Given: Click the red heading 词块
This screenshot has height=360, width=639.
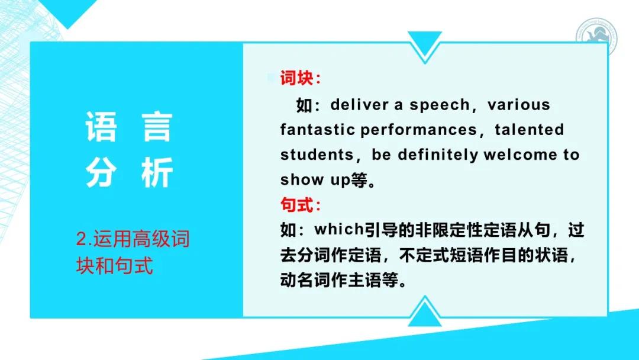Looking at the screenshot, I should coord(299,79).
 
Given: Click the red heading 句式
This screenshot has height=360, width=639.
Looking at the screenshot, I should coord(299,205).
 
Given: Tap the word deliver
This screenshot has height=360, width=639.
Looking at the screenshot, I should coord(359,105).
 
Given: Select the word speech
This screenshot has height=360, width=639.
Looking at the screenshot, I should coord(438,105).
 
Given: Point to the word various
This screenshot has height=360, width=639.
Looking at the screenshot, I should coord(519,105).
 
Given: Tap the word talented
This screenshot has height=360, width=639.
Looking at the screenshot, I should coord(530,130).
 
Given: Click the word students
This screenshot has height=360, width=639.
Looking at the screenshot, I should coord(317,155).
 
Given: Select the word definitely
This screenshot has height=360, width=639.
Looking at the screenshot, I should coord(438,155).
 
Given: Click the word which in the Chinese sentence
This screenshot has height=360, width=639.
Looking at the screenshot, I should coord(334,229).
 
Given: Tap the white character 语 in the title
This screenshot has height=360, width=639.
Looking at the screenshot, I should coord(101,127).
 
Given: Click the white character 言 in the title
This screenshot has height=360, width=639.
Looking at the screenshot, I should coord(157,127).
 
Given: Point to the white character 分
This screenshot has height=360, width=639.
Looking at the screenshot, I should coord(101,173).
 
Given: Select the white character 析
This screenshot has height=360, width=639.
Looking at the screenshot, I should coord(157,173).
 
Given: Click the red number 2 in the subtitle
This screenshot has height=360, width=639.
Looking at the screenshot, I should coord(81,240).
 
